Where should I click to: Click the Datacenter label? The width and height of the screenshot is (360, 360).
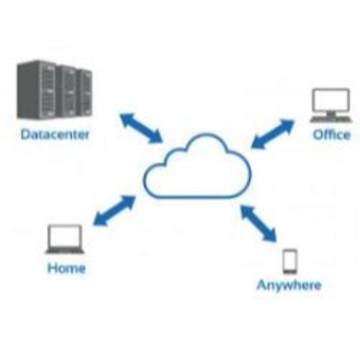point(55,135)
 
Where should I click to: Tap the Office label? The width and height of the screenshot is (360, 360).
point(332,135)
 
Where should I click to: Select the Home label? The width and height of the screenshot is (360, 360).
point(66,268)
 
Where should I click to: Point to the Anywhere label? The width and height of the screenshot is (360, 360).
point(289,286)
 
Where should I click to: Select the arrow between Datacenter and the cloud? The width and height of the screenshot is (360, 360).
point(142,128)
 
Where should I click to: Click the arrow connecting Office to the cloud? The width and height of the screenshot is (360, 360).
point(273,134)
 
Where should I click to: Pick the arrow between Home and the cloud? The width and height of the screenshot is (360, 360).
point(114,210)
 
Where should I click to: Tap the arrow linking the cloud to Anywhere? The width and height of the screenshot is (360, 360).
point(258,223)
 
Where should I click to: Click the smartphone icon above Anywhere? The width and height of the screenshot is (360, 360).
point(290,261)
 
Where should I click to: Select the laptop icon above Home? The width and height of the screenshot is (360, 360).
point(65,239)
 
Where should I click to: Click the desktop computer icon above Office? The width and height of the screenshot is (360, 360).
point(331,106)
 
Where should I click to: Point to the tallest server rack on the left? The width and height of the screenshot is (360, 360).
point(37,89)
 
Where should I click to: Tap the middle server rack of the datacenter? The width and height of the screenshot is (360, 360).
point(68,91)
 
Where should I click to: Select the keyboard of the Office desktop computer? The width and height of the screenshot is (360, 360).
point(331,120)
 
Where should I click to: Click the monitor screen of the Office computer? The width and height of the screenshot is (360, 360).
point(331,100)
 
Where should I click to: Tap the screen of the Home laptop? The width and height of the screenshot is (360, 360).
point(65,236)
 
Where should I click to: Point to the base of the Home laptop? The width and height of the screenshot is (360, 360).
point(65,251)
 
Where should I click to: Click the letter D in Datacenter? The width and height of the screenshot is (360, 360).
point(25,135)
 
